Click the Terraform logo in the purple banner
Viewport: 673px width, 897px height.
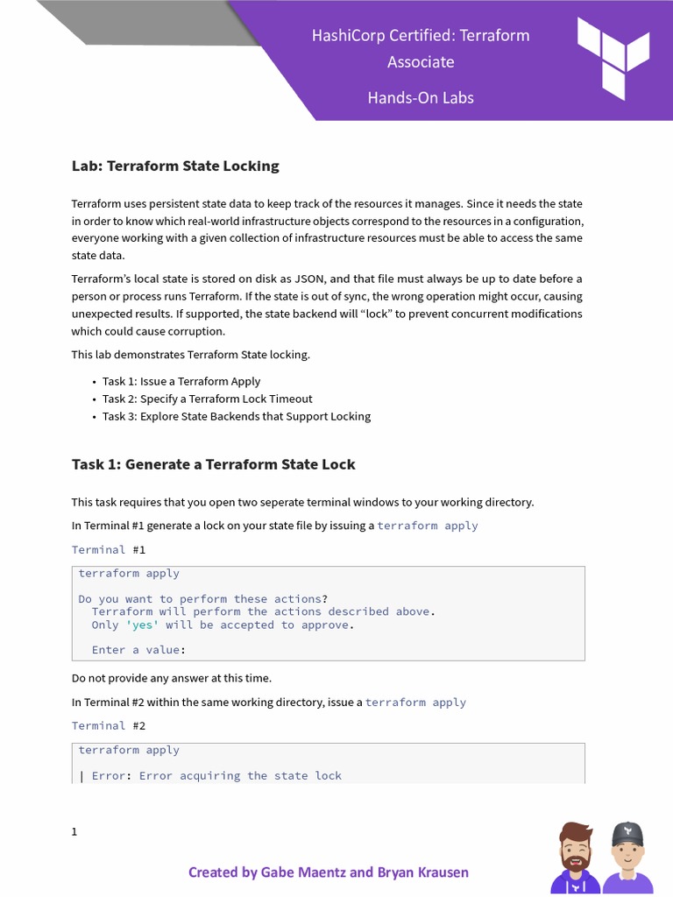coord(613,57)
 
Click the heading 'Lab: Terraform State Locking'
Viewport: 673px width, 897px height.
coord(175,166)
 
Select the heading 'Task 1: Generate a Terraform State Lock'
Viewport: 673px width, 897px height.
coord(213,464)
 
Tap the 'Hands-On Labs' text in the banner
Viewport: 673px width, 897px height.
coord(421,97)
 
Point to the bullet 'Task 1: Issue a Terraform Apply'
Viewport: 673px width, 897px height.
coord(181,381)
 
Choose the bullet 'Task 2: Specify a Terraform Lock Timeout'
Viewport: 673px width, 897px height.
coord(207,399)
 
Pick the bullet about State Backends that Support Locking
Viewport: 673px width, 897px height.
coord(236,416)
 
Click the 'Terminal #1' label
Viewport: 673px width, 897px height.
coord(109,549)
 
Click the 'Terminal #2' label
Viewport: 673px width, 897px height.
coord(109,725)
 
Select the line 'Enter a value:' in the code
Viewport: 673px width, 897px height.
coord(138,650)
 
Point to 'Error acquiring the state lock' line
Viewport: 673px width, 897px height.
coord(240,775)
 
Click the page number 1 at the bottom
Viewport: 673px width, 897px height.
coord(74,831)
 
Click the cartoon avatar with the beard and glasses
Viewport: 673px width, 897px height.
coord(575,858)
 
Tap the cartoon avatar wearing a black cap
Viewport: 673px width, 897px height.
coord(627,858)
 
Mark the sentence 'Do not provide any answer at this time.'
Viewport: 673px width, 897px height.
coord(172,677)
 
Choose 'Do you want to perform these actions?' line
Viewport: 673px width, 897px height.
coord(203,599)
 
